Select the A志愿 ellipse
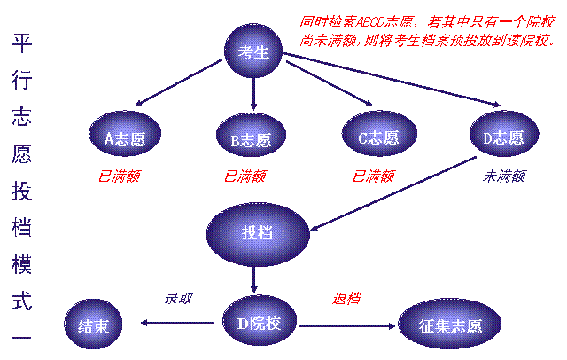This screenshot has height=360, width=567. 124,137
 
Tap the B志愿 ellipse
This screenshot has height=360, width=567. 251,138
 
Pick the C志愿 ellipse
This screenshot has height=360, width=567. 377,137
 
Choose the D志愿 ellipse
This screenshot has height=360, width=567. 502,137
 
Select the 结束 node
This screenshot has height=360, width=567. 93,325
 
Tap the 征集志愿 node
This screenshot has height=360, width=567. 450,325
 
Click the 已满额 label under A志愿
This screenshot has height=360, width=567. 118,176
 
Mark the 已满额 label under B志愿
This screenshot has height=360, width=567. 245,176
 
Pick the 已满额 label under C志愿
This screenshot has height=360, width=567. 373,176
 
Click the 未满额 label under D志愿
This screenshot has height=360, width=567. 503,176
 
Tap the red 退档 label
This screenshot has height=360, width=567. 346,299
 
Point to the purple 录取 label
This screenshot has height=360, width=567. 178,299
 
